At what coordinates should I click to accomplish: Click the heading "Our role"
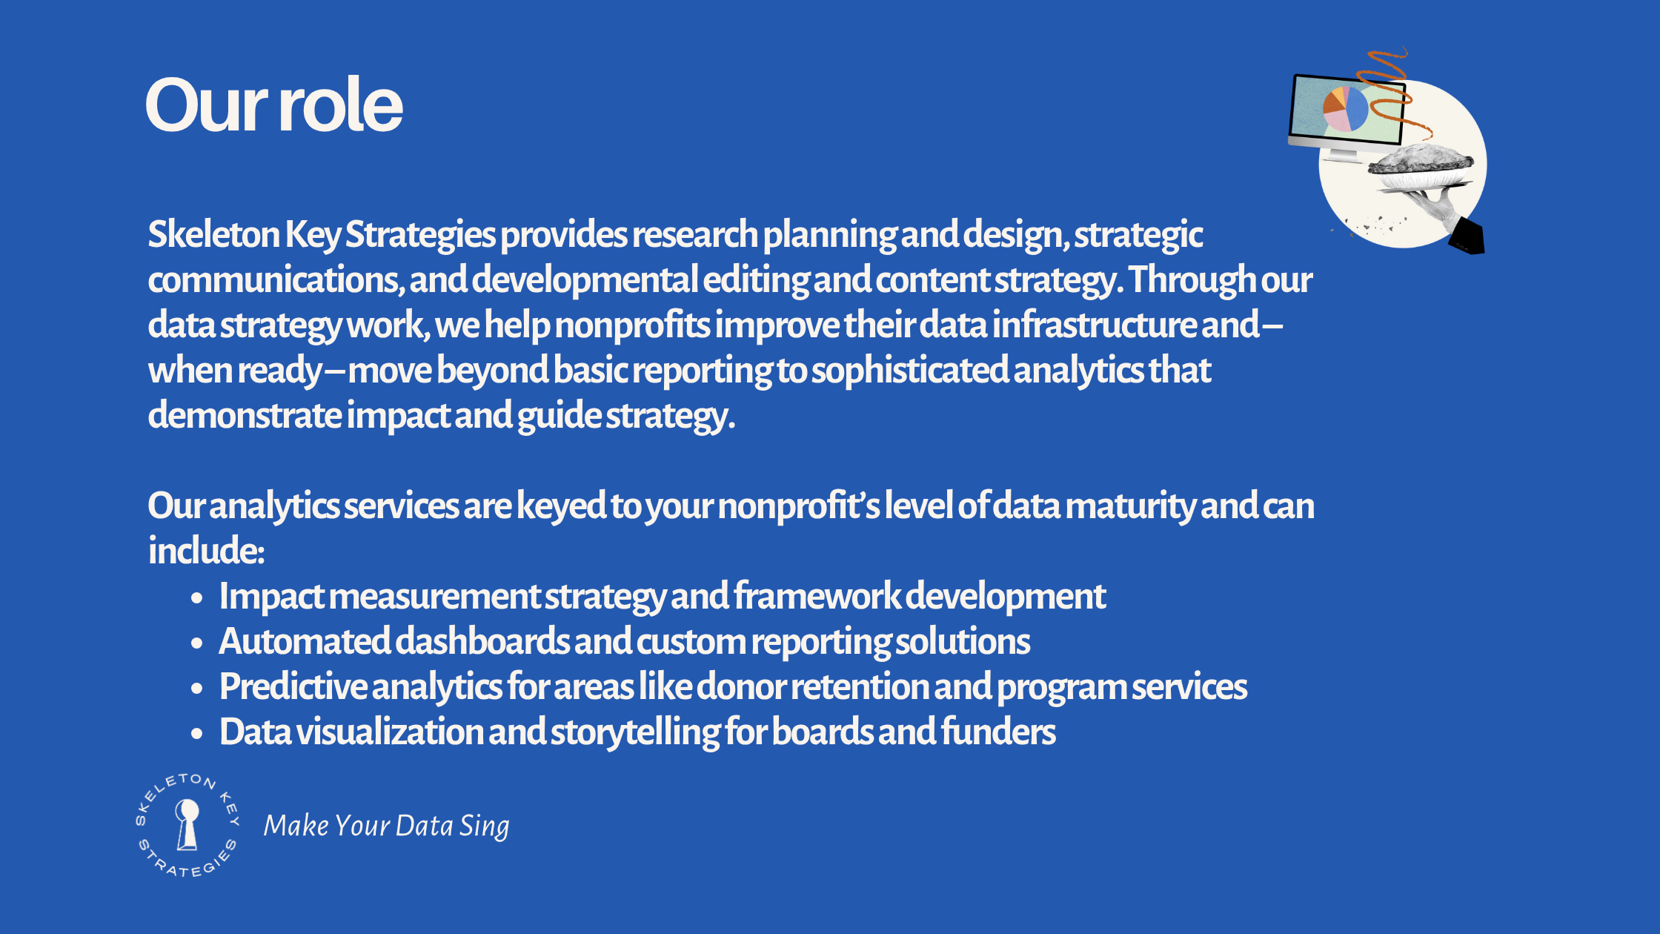(x=274, y=105)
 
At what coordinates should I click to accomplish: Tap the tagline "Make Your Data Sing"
(x=386, y=826)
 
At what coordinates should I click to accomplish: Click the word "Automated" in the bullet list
(x=305, y=641)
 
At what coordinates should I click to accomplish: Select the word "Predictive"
(x=293, y=686)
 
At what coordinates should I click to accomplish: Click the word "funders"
(x=998, y=732)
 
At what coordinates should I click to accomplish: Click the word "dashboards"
(x=482, y=641)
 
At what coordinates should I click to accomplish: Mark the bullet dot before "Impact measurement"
(x=196, y=598)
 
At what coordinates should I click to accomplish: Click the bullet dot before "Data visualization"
(x=196, y=734)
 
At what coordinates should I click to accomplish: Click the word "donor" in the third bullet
(x=742, y=686)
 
